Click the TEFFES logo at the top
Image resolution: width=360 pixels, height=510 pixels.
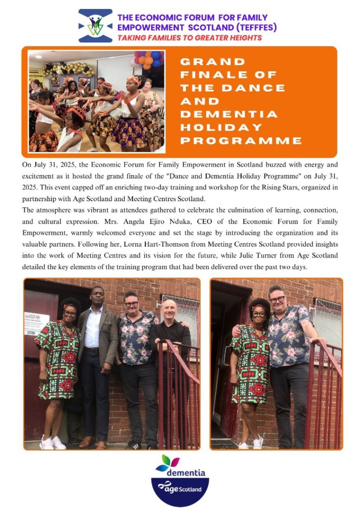coord(96,26)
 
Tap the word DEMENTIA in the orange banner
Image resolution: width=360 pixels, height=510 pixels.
coord(229,114)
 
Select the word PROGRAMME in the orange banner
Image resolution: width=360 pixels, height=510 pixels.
coord(241,140)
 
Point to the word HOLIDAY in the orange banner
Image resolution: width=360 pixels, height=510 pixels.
coord(221,127)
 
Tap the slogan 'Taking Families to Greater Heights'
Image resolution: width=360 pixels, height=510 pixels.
coord(189,38)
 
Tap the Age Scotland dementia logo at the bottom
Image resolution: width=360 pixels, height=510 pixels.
coord(180,481)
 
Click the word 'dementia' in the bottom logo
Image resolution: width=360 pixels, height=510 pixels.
coord(186,472)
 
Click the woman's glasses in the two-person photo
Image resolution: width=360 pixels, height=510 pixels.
coord(259,314)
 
